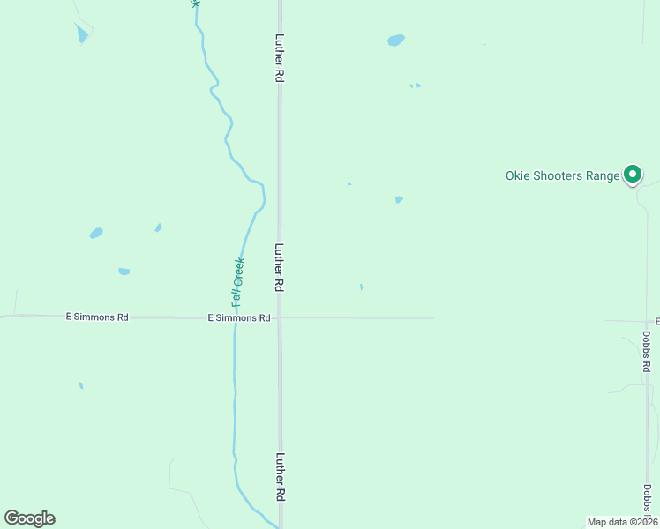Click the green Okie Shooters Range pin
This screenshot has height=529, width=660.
click(633, 175)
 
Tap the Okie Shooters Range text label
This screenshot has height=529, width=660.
click(562, 175)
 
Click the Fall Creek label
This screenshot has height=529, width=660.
click(237, 282)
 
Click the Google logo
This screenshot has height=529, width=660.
click(29, 518)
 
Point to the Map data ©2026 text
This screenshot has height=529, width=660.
click(622, 522)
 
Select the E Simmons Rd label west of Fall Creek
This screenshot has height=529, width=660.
click(97, 317)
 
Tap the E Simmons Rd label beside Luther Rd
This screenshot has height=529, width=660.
click(238, 317)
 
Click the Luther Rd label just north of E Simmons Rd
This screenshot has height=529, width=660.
click(279, 268)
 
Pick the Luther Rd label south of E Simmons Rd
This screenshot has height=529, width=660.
click(280, 477)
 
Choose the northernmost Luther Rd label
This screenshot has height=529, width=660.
click(279, 58)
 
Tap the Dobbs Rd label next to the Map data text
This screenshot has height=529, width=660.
click(647, 499)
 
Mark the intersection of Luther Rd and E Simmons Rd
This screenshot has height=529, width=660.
click(280, 317)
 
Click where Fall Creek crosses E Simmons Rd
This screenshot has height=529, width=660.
click(235, 317)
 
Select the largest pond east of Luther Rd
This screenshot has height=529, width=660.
click(396, 40)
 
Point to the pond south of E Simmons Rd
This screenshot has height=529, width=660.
click(80, 385)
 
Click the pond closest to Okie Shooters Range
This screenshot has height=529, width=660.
click(399, 199)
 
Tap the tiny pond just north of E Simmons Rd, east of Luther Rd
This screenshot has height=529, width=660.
click(361, 287)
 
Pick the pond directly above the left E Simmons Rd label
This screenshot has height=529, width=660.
click(124, 272)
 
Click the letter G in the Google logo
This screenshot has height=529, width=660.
click(11, 518)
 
